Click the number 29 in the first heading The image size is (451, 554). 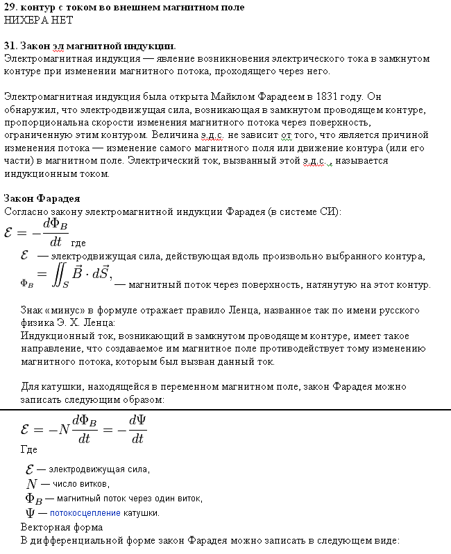[10, 7]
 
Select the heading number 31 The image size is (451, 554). [10, 46]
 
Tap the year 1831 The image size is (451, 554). [330, 96]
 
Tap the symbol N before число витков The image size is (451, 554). [31, 484]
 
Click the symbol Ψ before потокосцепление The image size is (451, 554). [31, 513]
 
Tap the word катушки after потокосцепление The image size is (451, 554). [142, 513]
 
